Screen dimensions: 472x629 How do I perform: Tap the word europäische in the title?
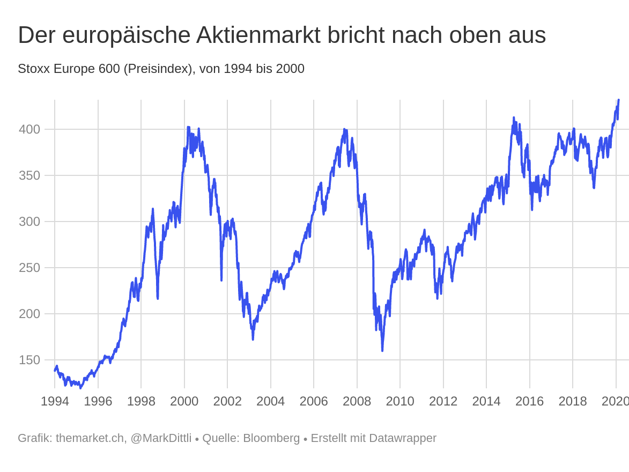pyautogui.click(x=126, y=35)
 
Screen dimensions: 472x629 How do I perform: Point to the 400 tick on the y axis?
pyautogui.click(x=29, y=129)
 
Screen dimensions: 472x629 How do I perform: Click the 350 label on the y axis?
pyautogui.click(x=29, y=175)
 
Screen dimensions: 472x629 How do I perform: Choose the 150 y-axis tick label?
pyautogui.click(x=29, y=360)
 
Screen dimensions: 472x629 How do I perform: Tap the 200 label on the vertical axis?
pyautogui.click(x=29, y=314)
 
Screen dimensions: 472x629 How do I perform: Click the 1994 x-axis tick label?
pyautogui.click(x=55, y=401)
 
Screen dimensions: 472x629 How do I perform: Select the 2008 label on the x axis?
pyautogui.click(x=357, y=401)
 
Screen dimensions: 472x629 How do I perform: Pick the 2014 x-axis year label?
pyautogui.click(x=486, y=401)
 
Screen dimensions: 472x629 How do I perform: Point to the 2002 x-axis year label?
pyautogui.click(x=227, y=401)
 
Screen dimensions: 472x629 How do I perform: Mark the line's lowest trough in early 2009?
pyautogui.click(x=382, y=350)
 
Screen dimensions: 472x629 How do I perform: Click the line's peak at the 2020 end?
pyautogui.click(x=618, y=100)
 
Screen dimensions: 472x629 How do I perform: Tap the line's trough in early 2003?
pyautogui.click(x=253, y=339)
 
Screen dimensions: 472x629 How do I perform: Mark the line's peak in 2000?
pyautogui.click(x=188, y=127)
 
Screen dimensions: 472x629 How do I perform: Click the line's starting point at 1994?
pyautogui.click(x=55, y=370)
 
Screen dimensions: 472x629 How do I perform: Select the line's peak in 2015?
pyautogui.click(x=513, y=118)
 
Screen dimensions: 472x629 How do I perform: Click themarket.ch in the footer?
pyautogui.click(x=90, y=438)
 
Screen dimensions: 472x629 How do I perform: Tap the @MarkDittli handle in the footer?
pyautogui.click(x=161, y=438)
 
